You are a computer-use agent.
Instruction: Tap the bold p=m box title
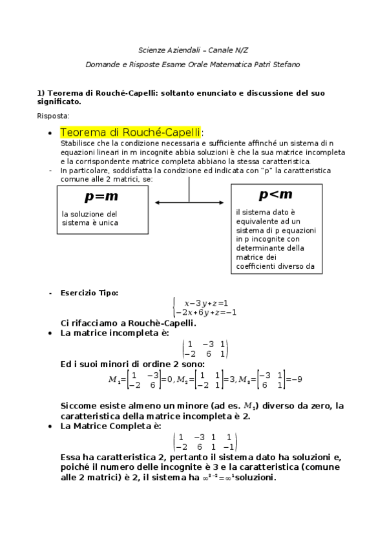coord(101,196)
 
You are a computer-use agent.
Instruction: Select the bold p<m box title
coord(275,194)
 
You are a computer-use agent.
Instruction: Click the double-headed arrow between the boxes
coord(189,203)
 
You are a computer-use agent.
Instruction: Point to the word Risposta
coord(54,116)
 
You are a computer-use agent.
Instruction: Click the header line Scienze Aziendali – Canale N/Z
coord(193,50)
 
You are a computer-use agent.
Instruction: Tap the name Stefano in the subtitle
coord(286,65)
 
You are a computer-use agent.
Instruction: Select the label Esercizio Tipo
coord(89,293)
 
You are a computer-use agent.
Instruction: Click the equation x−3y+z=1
coord(206,302)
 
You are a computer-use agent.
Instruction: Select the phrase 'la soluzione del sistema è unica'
coord(90,218)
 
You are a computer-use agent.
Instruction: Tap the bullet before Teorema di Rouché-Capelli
coord(50,133)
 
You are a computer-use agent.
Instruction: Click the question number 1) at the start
coord(40,93)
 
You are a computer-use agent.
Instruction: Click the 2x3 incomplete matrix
coord(205,349)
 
